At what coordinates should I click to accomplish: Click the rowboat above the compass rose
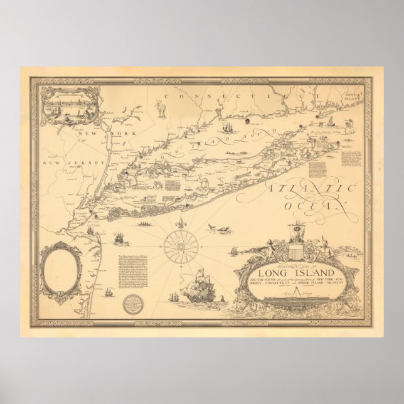tap(146, 224)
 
